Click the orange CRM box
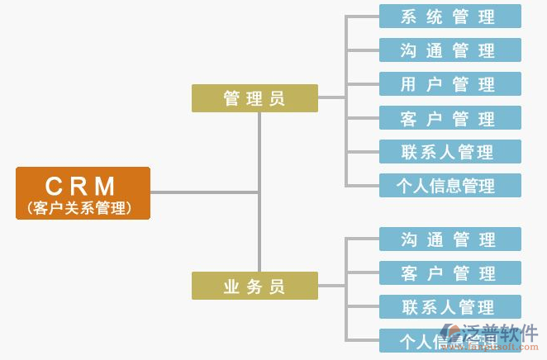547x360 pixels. click(x=83, y=193)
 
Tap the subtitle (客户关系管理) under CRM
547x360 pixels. click(x=83, y=207)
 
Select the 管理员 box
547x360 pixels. click(x=254, y=98)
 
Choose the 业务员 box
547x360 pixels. click(x=254, y=286)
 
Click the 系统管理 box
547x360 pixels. click(x=450, y=17)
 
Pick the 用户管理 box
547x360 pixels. click(x=450, y=84)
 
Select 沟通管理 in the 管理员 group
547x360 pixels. click(x=450, y=50)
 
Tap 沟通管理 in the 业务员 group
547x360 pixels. click(x=450, y=239)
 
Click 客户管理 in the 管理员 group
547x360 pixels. click(x=450, y=118)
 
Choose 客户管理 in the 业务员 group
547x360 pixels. click(x=450, y=273)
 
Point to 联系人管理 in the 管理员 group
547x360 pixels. click(x=450, y=152)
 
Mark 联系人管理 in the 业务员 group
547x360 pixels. click(x=450, y=307)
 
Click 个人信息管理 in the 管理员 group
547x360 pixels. click(x=450, y=185)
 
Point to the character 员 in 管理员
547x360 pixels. click(x=278, y=99)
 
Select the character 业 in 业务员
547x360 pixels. click(x=231, y=287)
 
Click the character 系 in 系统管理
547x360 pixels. click(x=408, y=17)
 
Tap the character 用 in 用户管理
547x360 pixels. click(x=408, y=84)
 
